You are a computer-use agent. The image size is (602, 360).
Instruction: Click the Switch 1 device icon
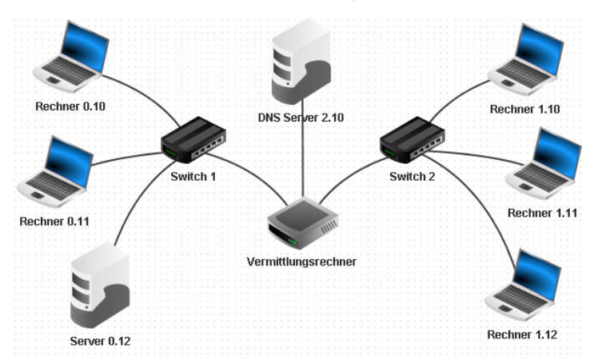tap(193, 138)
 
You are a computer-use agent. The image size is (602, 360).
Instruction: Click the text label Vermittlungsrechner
tap(301, 262)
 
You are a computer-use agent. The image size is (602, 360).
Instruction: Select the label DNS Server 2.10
tap(301, 118)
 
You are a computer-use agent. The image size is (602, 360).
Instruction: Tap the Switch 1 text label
tap(193, 175)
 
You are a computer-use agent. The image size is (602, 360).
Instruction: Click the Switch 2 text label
tap(413, 175)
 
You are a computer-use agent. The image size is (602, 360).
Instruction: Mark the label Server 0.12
tap(99, 341)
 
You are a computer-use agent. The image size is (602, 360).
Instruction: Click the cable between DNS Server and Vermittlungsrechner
tap(303, 160)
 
